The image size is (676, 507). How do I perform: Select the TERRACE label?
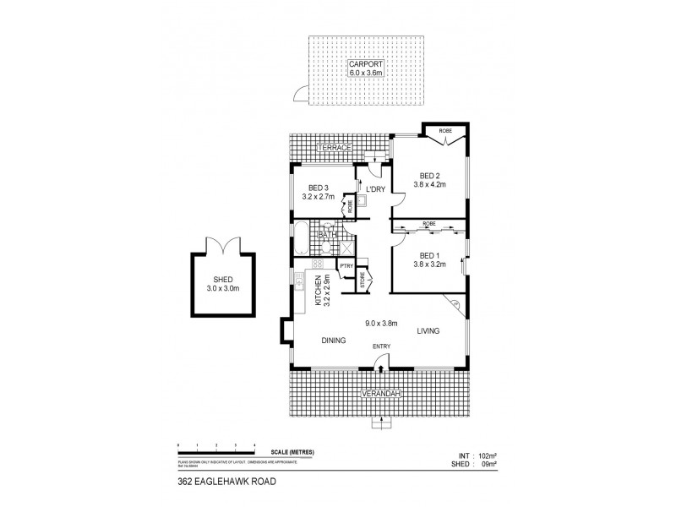coord(334,148)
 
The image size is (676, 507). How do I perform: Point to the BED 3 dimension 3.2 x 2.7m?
coord(319,196)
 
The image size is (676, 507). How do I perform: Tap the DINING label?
coord(334,341)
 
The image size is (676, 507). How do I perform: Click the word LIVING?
coord(428,331)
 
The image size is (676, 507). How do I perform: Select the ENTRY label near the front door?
coord(382,347)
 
